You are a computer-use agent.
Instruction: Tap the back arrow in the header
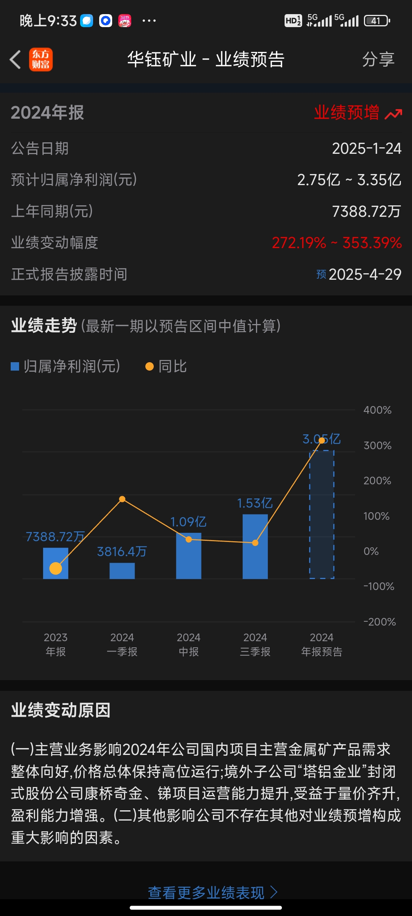point(15,60)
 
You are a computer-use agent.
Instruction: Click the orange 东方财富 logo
point(41,60)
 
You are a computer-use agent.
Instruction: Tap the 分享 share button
point(378,60)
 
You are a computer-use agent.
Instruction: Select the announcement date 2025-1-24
point(366,148)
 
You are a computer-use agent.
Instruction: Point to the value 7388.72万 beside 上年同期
point(366,211)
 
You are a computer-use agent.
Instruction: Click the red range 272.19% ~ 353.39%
point(336,243)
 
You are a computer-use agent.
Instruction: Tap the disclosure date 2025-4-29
point(365,274)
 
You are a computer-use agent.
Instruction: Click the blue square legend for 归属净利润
point(15,366)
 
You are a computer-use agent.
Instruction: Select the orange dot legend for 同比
point(150,366)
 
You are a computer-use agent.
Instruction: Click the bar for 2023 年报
point(56,563)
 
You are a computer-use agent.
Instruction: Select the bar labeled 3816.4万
point(122,571)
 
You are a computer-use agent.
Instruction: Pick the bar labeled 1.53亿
point(255,547)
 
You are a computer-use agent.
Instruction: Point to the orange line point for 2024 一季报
point(122,499)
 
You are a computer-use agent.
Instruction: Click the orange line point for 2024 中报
point(188,539)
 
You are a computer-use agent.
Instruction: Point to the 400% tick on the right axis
point(377,410)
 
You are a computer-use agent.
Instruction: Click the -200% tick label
point(379,622)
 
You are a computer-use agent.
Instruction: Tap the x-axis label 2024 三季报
point(255,644)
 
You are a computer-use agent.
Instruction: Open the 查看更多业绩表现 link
point(212,892)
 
